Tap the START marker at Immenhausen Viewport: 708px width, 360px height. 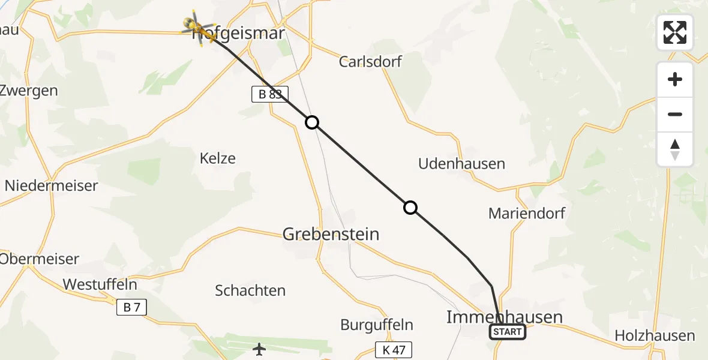click(508, 332)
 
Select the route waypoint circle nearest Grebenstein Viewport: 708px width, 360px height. click(410, 208)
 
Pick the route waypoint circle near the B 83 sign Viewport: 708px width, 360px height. click(312, 122)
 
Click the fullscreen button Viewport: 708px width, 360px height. click(675, 32)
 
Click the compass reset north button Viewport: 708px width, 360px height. click(675, 149)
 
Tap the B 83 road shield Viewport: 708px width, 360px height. click(270, 94)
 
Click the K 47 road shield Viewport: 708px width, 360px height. click(393, 350)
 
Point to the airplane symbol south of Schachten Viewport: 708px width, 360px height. click(259, 349)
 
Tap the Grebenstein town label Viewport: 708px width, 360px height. click(331, 233)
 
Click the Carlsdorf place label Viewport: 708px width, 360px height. click(370, 61)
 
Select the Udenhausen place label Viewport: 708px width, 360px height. click(462, 163)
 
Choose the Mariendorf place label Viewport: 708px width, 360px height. click(518, 213)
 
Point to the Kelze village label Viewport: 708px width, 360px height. click(217, 158)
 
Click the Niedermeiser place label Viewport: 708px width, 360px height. click(51, 185)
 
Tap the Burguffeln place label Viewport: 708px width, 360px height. click(377, 325)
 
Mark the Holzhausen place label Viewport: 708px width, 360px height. click(655, 336)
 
